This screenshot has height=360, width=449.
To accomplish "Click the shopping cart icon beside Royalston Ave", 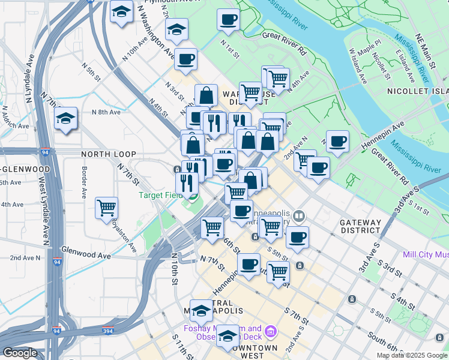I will click(x=107, y=208).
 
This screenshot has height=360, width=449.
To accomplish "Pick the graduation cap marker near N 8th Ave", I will click(x=65, y=118).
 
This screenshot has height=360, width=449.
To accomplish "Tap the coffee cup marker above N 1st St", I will click(x=228, y=19).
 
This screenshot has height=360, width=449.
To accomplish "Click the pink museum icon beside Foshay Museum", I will click(x=270, y=331).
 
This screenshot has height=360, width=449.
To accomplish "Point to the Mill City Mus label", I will click(x=426, y=254).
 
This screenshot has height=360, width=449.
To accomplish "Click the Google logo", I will click(x=20, y=353).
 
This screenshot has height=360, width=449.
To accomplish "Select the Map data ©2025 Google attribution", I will click(x=412, y=355).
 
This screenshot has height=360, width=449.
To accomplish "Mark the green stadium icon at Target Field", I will click(x=192, y=196).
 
